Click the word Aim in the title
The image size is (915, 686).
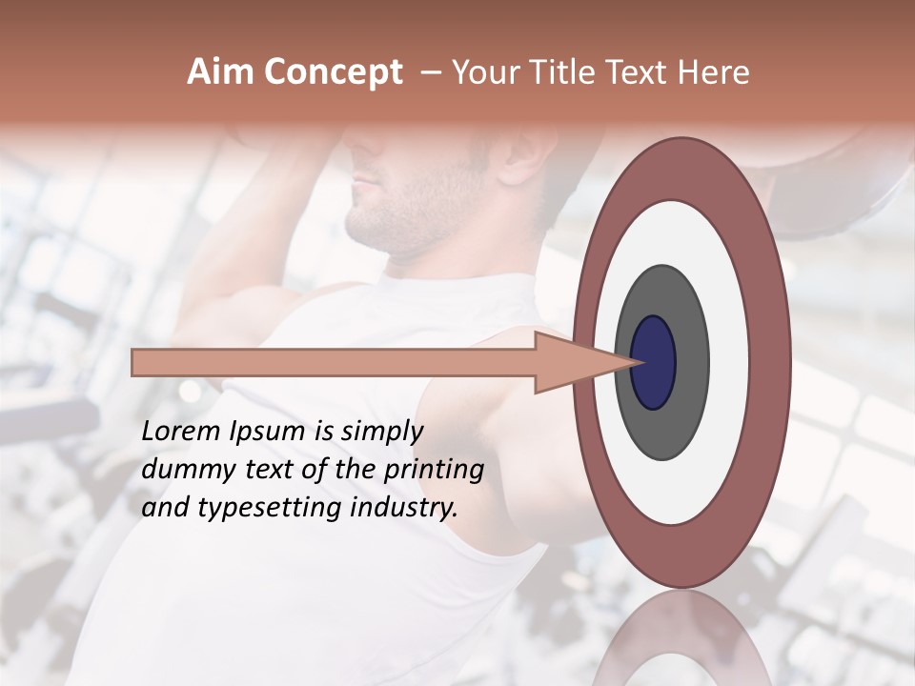pos(221,72)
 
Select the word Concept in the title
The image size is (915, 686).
pos(333,72)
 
